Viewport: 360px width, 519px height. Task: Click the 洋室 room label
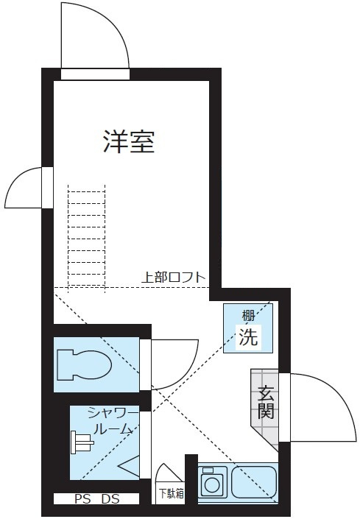pos(129,141)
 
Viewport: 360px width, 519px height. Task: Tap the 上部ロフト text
pos(174,277)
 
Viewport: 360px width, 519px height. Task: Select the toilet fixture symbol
pos(84,365)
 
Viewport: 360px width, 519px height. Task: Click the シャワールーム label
pos(112,422)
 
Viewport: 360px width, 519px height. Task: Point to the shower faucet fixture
pos(82,442)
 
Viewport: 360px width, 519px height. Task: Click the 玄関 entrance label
pos(266,402)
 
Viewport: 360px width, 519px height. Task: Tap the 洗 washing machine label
pos(248,337)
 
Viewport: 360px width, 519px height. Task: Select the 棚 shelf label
pos(248,316)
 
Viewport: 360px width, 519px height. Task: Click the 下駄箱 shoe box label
pos(171,494)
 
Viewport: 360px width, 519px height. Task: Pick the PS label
pos(82,499)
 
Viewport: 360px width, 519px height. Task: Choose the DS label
pos(110,499)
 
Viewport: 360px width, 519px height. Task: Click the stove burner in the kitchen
pos(213,481)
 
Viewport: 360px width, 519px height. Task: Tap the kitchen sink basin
pos(254,481)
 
